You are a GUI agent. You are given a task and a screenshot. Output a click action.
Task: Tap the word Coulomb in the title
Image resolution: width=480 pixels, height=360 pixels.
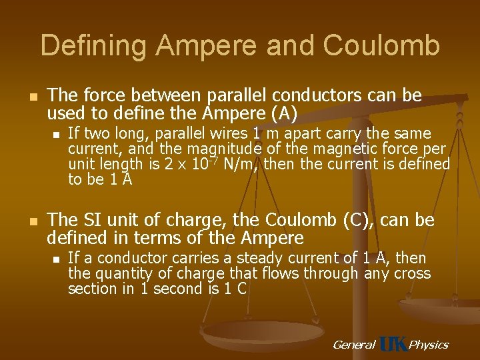(x=381, y=46)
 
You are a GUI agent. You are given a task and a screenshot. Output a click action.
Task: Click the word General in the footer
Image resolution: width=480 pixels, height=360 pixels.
(x=354, y=345)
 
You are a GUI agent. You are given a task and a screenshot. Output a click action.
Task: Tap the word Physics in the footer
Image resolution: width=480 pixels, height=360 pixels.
(x=428, y=345)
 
